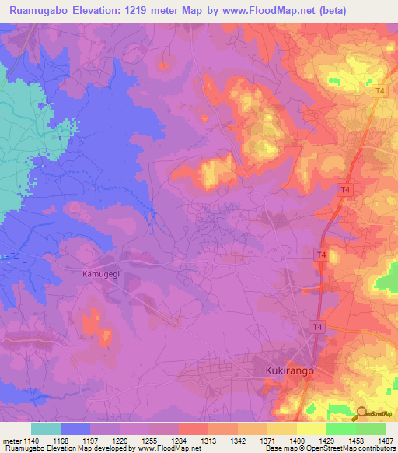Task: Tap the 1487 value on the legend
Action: click(x=385, y=441)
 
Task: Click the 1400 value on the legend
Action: click(x=296, y=441)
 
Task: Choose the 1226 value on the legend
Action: click(x=119, y=441)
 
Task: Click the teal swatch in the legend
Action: click(x=46, y=429)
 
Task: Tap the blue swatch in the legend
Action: click(x=75, y=429)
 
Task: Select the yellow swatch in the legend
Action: click(x=282, y=429)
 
